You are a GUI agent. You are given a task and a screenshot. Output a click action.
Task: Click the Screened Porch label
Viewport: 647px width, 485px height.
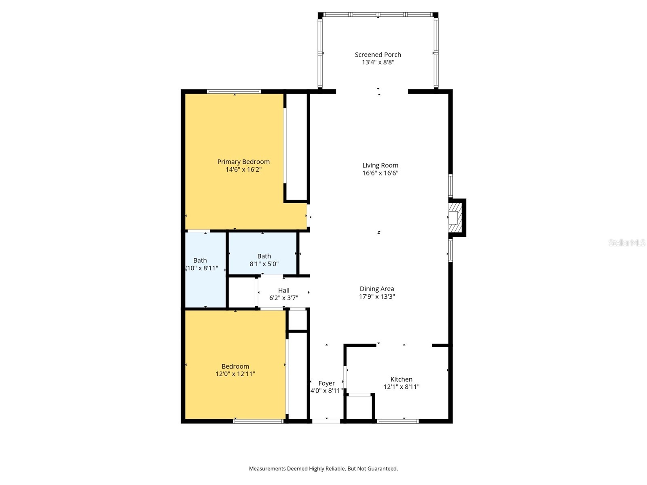pos(378,55)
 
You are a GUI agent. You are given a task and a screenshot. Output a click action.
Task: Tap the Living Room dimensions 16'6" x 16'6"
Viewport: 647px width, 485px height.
pos(380,173)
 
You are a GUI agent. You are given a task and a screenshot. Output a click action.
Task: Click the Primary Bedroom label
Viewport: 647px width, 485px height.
pos(243,162)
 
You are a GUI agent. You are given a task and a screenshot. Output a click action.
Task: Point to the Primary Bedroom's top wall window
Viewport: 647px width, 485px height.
pos(234,91)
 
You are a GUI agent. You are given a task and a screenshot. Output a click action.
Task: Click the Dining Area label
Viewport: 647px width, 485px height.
pos(376,289)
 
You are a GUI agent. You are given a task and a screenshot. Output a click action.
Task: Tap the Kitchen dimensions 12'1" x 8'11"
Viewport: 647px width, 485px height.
pos(401,387)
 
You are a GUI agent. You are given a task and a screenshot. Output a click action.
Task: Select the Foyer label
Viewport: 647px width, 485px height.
pos(326,383)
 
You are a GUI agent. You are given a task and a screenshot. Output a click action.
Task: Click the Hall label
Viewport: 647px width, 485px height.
pos(283,290)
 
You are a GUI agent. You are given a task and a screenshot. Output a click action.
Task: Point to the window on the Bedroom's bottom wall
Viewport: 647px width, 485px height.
pos(258,421)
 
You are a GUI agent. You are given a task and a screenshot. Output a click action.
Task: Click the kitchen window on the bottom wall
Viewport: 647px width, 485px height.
pos(398,421)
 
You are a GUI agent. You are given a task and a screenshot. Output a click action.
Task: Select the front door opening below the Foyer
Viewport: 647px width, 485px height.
pos(326,421)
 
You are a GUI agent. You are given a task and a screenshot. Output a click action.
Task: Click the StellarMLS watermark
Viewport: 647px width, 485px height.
pos(626,242)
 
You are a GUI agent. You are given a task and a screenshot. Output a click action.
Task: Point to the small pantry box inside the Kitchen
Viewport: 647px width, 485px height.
pos(359,407)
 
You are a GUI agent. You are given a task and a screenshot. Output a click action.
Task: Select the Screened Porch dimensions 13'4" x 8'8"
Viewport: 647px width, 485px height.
pos(378,62)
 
